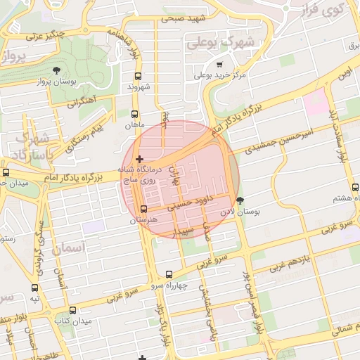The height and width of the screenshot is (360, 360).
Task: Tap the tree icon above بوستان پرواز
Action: [56, 70]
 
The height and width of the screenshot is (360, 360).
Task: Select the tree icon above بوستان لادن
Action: [240, 200]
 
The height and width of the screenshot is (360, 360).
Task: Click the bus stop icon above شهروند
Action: [138, 75]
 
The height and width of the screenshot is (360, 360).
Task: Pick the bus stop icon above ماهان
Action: [135, 113]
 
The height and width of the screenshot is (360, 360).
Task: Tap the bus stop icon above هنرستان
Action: [144, 209]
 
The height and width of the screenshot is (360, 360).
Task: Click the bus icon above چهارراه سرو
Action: [169, 274]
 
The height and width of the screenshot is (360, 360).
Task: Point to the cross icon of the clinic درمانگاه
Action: [139, 159]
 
